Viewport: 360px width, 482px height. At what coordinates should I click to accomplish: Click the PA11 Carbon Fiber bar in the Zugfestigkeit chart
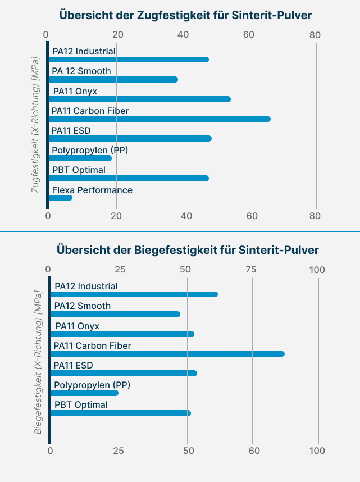pos(160,119)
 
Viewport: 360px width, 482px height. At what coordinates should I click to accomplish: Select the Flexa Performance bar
pos(61,198)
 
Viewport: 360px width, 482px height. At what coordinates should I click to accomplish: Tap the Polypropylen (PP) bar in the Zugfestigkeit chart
pos(80,158)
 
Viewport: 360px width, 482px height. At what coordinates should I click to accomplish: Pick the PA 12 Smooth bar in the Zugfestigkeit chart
pos(113,79)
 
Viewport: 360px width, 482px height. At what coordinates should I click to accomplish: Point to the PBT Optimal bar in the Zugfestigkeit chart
pos(129,178)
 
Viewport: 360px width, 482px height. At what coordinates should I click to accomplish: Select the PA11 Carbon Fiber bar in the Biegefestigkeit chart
pos(167,354)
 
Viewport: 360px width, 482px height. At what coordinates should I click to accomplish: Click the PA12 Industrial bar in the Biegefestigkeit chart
pos(134,294)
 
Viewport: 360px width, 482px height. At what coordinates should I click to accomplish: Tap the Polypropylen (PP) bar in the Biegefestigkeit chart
pos(85,393)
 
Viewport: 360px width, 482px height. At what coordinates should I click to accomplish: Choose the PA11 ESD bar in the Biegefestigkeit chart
pos(124,373)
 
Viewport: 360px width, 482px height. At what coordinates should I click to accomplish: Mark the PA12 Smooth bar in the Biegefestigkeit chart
pos(116,314)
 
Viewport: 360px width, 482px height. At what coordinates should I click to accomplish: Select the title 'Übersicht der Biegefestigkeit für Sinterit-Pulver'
pos(180,249)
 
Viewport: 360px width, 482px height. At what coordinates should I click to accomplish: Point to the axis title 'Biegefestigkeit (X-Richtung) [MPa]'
pos(38,362)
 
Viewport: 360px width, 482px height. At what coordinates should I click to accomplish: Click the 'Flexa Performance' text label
pos(92,190)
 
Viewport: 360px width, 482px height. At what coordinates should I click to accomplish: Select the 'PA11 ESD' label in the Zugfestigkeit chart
pos(71,131)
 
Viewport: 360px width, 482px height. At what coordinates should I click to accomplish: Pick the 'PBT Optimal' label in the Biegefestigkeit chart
pos(81,404)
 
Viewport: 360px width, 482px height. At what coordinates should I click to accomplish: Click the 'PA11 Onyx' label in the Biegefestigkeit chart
pos(77,326)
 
